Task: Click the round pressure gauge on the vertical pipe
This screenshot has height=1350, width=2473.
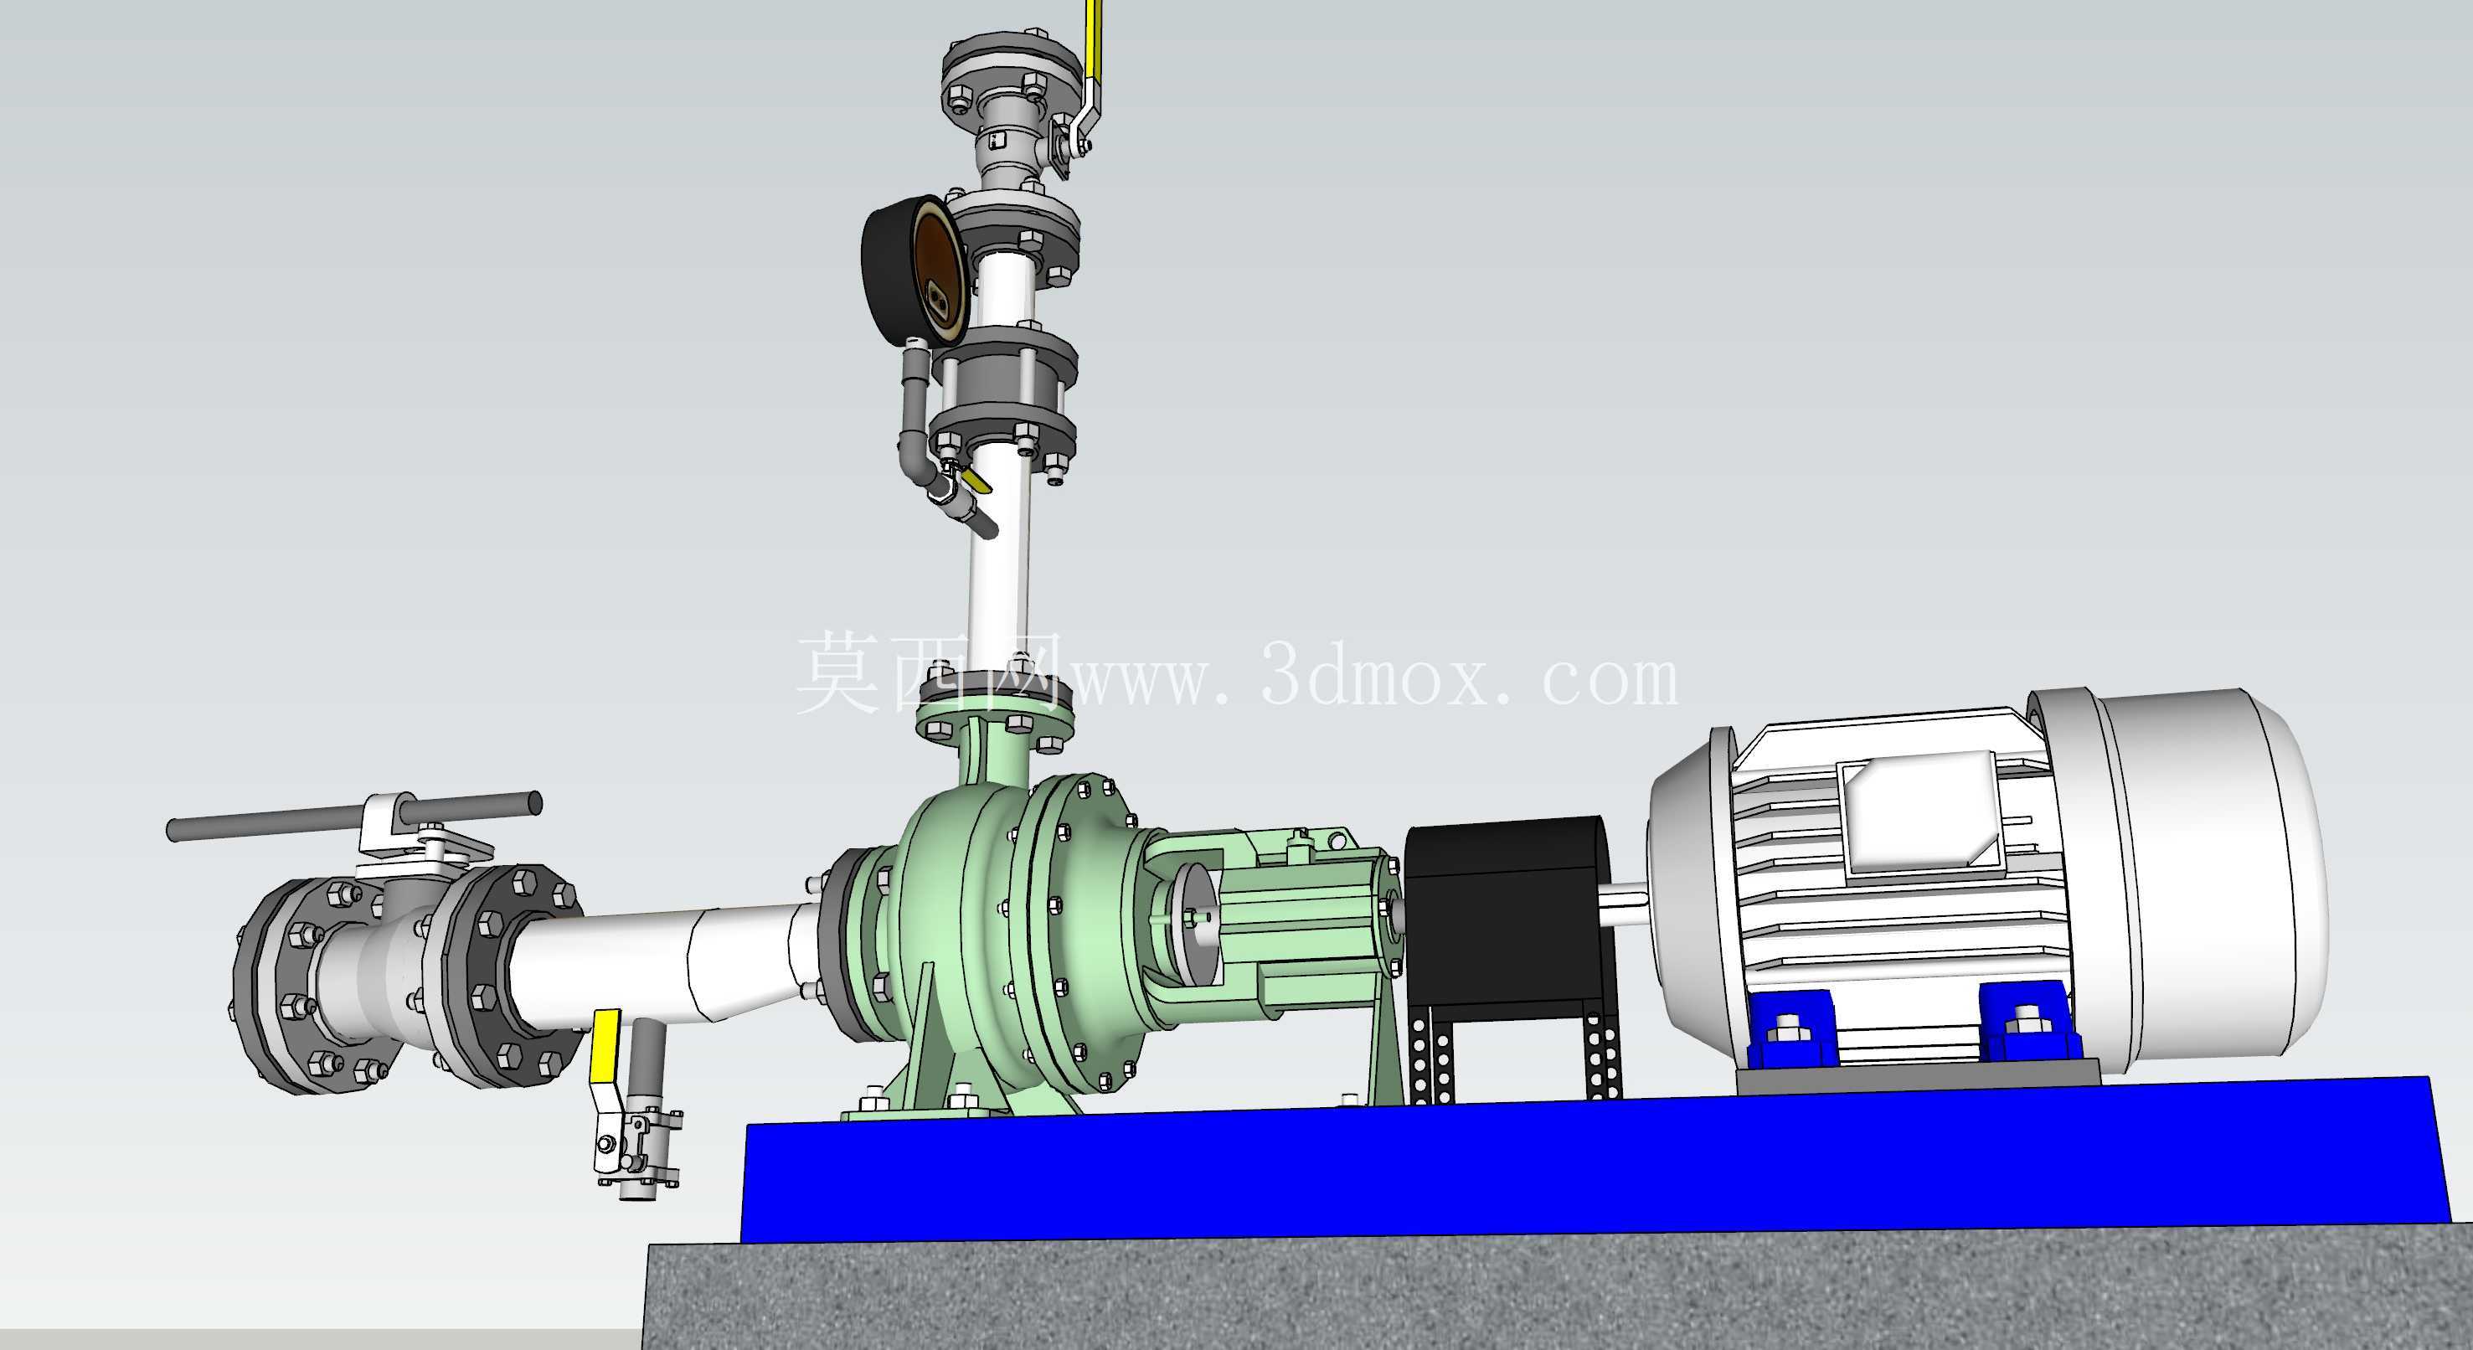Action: pyautogui.click(x=913, y=270)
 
